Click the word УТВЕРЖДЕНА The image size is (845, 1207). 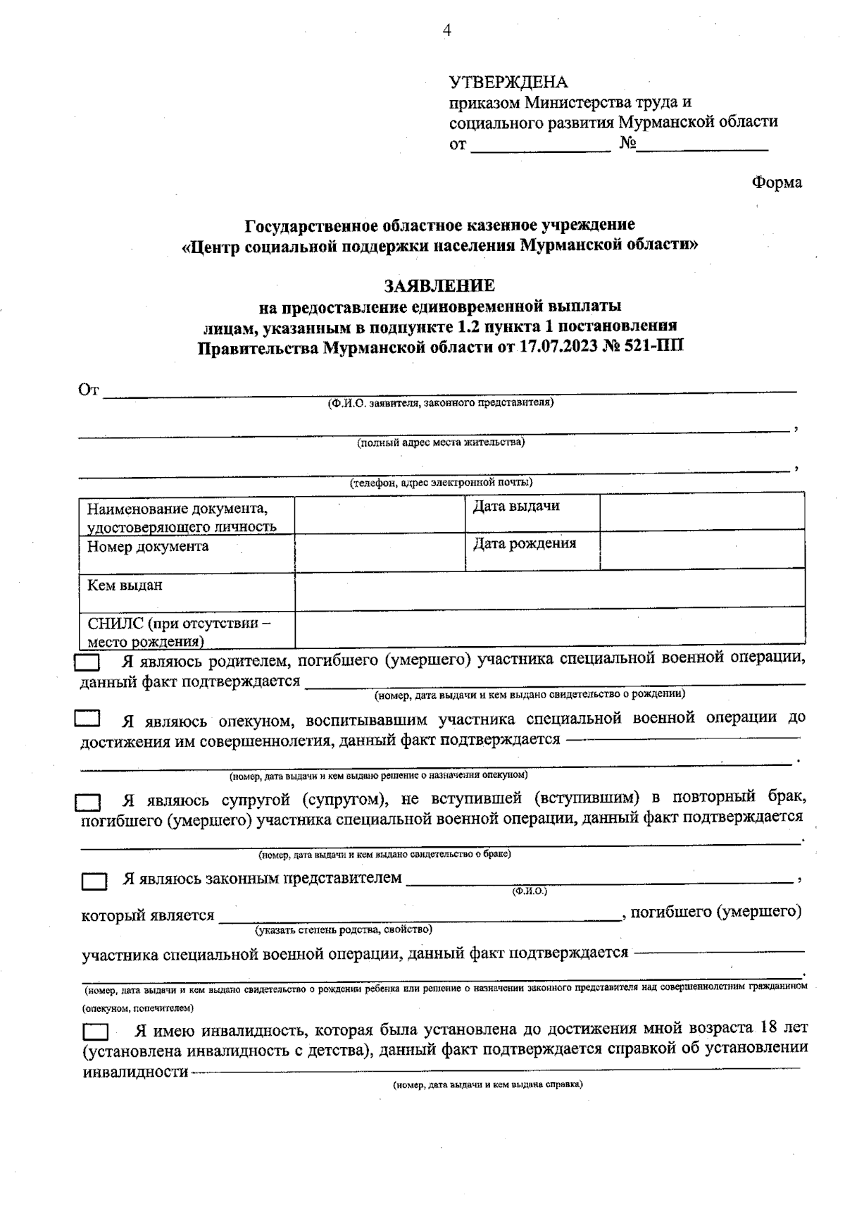pyautogui.click(x=508, y=82)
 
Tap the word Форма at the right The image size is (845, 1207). pyautogui.click(x=776, y=182)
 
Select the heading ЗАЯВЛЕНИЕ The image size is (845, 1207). pyautogui.click(x=439, y=286)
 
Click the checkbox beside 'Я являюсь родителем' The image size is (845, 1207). pyautogui.click(x=87, y=662)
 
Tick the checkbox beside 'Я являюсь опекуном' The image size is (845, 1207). pyautogui.click(x=87, y=719)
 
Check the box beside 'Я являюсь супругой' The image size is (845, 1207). pyautogui.click(x=88, y=802)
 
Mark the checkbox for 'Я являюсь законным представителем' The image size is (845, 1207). pyautogui.click(x=94, y=881)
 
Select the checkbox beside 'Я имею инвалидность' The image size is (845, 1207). pyautogui.click(x=95, y=1032)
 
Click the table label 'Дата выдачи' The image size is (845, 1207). pyautogui.click(x=516, y=506)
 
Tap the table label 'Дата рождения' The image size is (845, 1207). pyautogui.click(x=524, y=543)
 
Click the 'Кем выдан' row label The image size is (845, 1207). pyautogui.click(x=125, y=585)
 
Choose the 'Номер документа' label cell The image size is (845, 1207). pyautogui.click(x=148, y=547)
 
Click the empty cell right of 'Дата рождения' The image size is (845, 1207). pyautogui.click(x=701, y=550)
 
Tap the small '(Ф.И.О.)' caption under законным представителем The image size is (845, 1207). pyautogui.click(x=530, y=891)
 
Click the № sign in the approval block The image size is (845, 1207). pyautogui.click(x=628, y=143)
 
